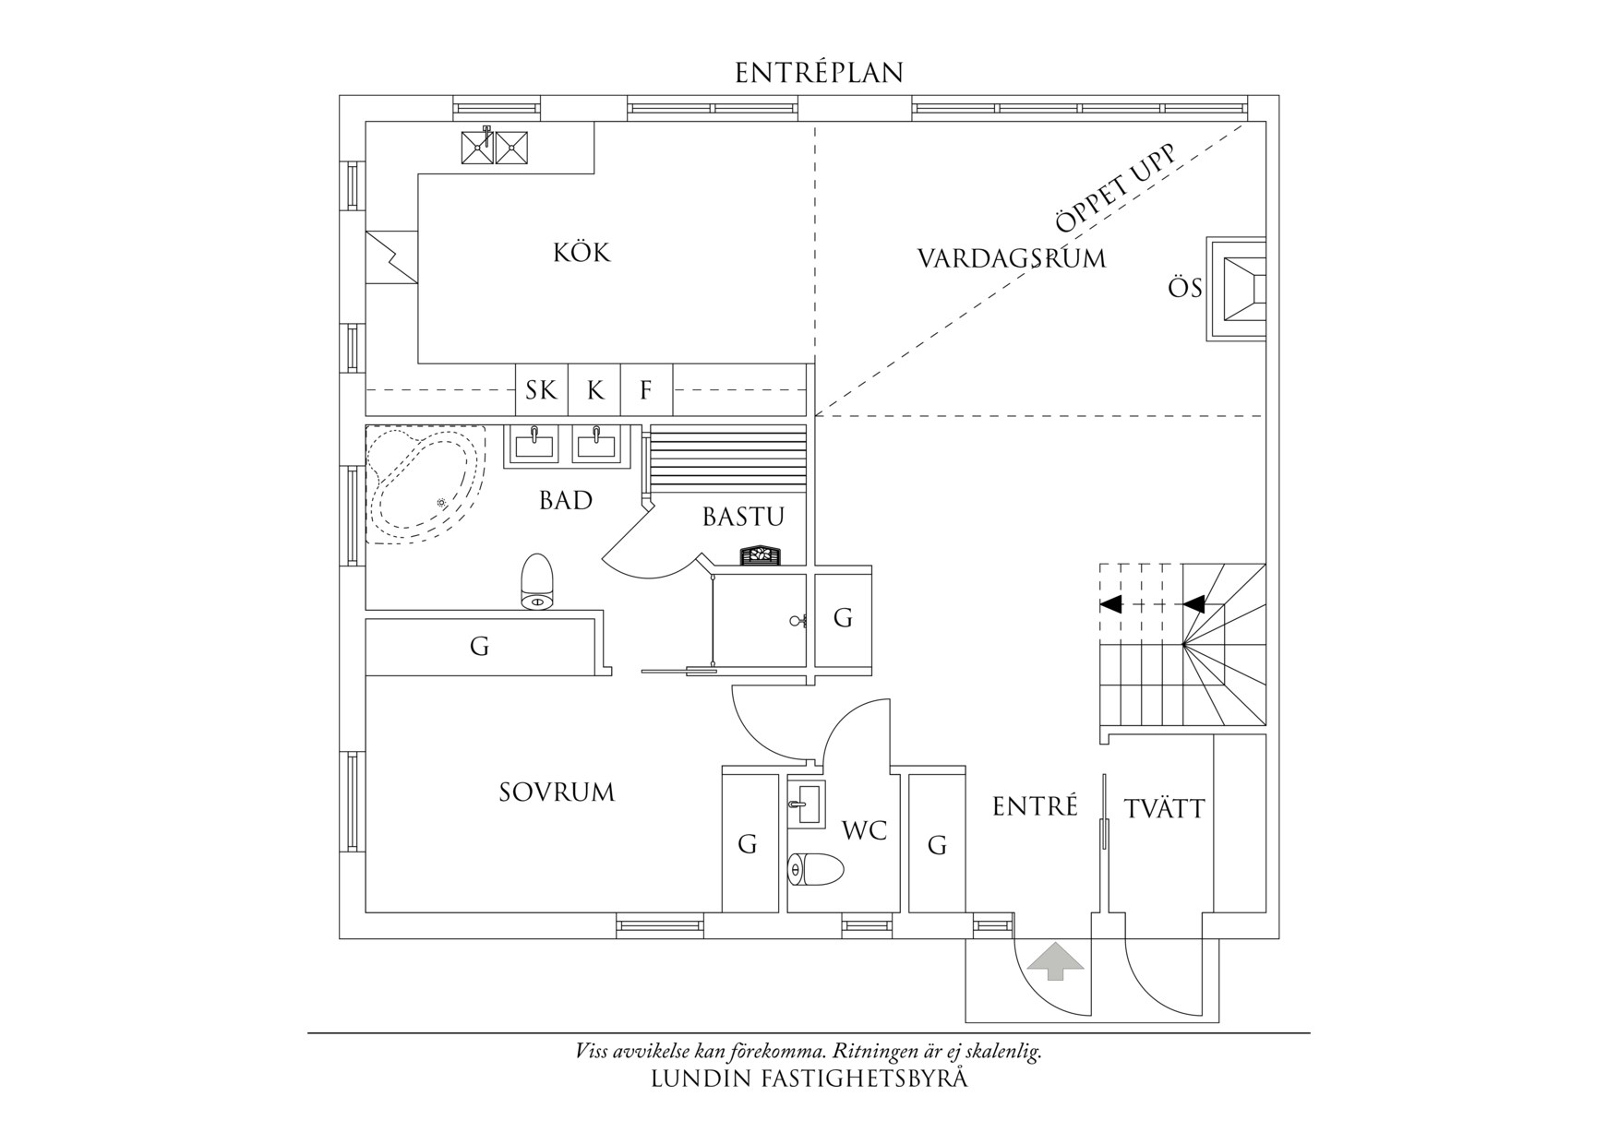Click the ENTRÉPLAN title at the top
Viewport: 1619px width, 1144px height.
(x=819, y=73)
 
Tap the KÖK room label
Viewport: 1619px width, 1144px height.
(x=582, y=252)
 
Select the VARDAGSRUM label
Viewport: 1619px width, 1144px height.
(x=1011, y=258)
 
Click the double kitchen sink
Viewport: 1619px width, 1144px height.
(x=496, y=146)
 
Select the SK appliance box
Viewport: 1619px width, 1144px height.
(x=541, y=390)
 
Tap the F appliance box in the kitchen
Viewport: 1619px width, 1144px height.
(x=646, y=390)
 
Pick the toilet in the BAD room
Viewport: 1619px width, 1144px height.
(x=538, y=582)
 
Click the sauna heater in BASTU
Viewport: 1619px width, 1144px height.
(x=760, y=554)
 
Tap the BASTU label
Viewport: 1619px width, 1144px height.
(x=743, y=517)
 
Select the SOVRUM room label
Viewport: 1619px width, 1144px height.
(x=557, y=792)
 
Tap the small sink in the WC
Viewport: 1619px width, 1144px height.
(x=809, y=804)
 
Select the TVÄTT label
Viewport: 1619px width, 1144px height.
(x=1164, y=809)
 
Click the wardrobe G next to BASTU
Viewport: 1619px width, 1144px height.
(x=843, y=618)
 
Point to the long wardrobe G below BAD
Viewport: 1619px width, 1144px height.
(x=479, y=647)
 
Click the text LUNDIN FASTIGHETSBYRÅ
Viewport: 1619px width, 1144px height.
(x=809, y=1078)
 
